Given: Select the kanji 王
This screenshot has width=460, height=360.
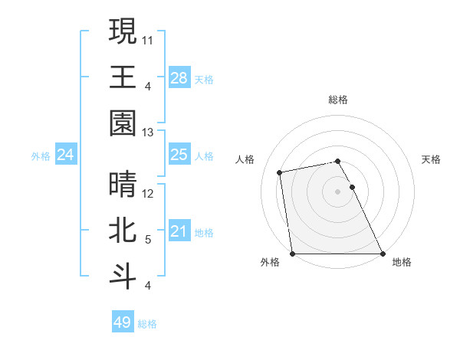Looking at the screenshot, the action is tap(123, 77).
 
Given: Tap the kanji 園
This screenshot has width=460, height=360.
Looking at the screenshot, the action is tap(123, 123).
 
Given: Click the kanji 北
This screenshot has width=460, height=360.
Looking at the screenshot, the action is tap(123, 230).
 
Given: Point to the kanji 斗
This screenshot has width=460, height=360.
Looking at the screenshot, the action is tap(123, 276).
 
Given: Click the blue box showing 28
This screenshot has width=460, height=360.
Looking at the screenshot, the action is tap(179, 78).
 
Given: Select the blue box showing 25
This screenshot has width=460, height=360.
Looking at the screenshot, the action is tap(179, 155).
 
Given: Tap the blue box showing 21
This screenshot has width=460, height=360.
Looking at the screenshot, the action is tap(179, 231).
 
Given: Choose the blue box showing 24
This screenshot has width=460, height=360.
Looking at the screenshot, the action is tap(66, 155).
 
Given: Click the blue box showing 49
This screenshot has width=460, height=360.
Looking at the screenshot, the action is tap(122, 322).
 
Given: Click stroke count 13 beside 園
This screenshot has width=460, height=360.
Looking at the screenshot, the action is tap(148, 133).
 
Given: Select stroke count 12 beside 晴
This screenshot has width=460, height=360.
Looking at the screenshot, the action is tap(148, 194).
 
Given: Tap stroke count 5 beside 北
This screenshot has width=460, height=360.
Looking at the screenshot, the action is tap(148, 240).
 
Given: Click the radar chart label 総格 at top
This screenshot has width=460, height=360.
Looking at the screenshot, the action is tap(338, 100).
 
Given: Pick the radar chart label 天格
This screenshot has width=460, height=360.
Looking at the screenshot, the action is tap(432, 159).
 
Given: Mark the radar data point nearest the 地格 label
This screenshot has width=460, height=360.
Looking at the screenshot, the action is tap(382, 254).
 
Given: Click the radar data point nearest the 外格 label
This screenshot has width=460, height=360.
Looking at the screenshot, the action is tap(293, 254).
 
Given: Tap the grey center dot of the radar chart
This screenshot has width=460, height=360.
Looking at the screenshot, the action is tap(337, 191).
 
